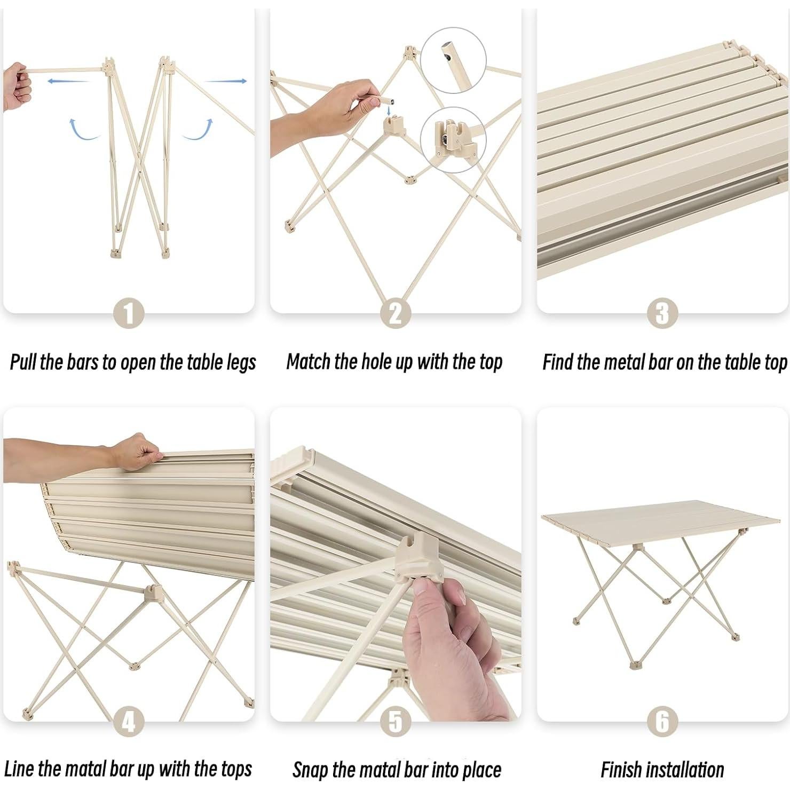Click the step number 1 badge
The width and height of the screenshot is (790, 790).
129,314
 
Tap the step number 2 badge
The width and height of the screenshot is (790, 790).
396,314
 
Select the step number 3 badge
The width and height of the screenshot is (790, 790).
662,314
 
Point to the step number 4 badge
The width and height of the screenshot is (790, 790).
129,722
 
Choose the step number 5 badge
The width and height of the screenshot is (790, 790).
396,722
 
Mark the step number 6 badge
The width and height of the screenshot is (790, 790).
662,722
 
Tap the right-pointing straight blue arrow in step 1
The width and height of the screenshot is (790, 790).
225,81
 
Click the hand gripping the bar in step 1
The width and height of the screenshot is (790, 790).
16,86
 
